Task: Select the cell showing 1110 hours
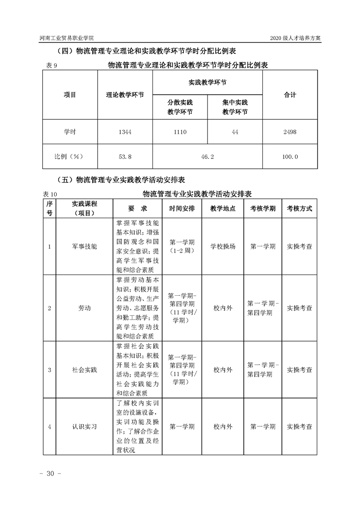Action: [180, 132]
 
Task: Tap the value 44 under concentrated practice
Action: [235, 132]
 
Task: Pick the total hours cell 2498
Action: [290, 132]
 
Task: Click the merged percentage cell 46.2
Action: [207, 157]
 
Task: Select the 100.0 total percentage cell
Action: [290, 157]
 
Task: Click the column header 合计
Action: [290, 95]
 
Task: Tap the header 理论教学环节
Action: [125, 95]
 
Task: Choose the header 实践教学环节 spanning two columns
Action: [207, 83]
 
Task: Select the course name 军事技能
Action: [84, 246]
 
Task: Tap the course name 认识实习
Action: [84, 426]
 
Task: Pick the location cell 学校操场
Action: [223, 246]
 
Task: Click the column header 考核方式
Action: [299, 209]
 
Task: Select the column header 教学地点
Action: [223, 209]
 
